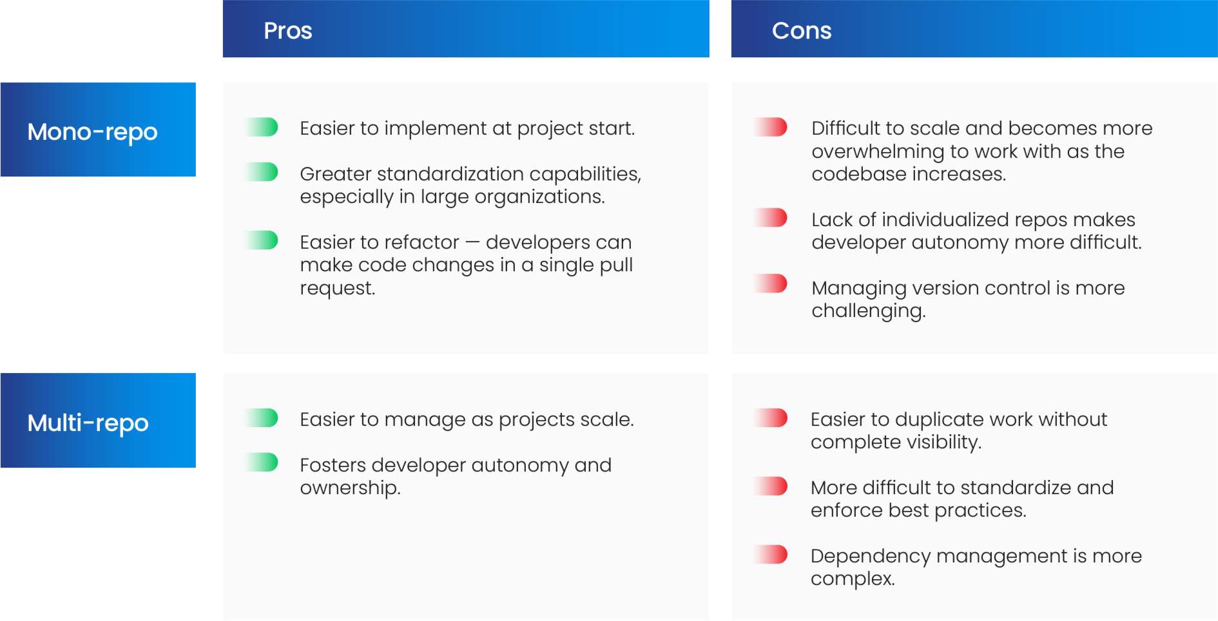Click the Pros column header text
tap(287, 31)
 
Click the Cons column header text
tap(801, 31)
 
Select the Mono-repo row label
tap(92, 132)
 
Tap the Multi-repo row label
tap(88, 423)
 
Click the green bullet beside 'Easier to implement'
tap(263, 128)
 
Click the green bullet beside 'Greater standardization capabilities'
tap(263, 173)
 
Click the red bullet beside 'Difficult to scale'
tap(771, 128)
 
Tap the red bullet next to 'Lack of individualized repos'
tap(771, 218)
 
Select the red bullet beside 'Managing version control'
tap(771, 284)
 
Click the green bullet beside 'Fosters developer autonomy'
tap(263, 463)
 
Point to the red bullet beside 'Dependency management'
tap(771, 555)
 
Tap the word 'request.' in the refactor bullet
tap(337, 289)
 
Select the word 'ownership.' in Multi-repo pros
tap(350, 488)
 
